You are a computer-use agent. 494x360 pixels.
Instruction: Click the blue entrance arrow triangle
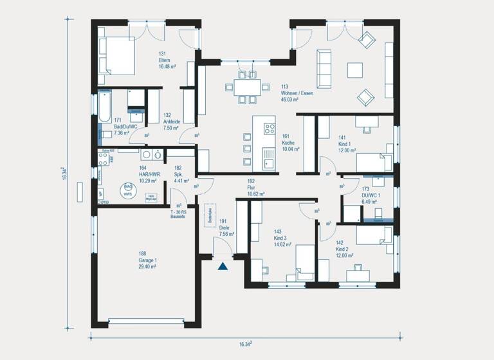click(223, 266)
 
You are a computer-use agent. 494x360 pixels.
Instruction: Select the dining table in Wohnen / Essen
click(246, 87)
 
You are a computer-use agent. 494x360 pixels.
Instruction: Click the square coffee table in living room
click(354, 69)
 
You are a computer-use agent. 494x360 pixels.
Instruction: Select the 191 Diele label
click(223, 228)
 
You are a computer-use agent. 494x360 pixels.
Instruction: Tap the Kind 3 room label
click(282, 238)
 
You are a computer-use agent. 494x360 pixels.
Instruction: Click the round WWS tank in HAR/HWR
click(128, 190)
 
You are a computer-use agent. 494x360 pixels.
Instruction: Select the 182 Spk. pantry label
click(179, 174)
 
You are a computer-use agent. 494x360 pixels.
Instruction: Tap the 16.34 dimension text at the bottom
click(245, 344)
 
